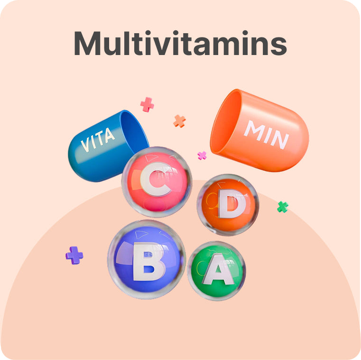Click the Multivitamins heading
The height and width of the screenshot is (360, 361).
[180, 44]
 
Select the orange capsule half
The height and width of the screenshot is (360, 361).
[266, 133]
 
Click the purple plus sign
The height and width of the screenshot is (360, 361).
[74, 255]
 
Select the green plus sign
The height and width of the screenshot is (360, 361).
[283, 206]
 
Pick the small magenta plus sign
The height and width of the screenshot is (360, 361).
[202, 155]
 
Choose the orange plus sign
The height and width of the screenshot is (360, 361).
[179, 121]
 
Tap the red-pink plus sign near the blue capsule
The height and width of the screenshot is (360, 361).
[147, 104]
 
